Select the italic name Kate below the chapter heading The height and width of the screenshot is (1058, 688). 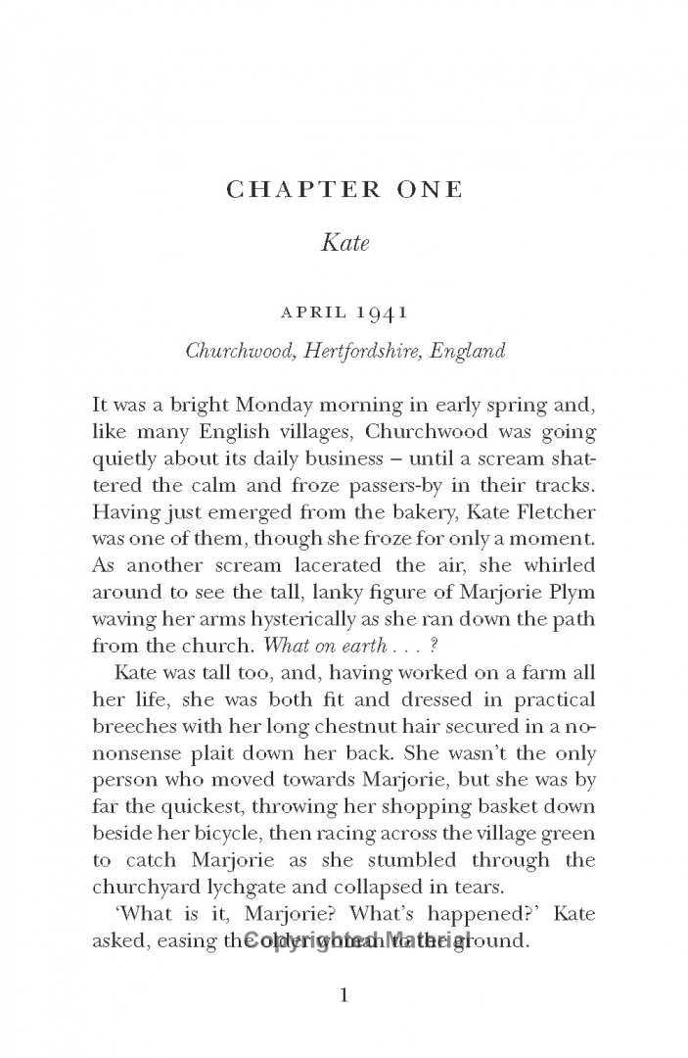pyautogui.click(x=344, y=243)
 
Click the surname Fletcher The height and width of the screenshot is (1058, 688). pyautogui.click(x=555, y=511)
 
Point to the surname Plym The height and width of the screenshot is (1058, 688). pyautogui.click(x=571, y=593)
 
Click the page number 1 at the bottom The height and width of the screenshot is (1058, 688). pyautogui.click(x=344, y=996)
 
